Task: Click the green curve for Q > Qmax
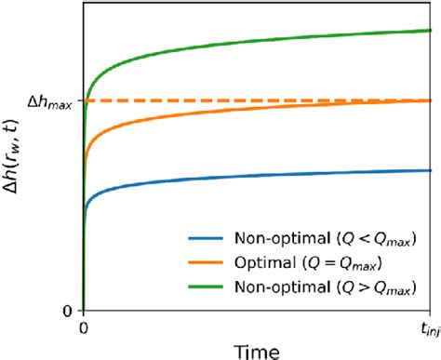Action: [x=233, y=46]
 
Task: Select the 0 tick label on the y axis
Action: [x=69, y=311]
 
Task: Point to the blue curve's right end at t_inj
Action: [x=432, y=170]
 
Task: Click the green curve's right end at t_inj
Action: [x=432, y=31]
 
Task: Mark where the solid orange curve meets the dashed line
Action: [x=431, y=100]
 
